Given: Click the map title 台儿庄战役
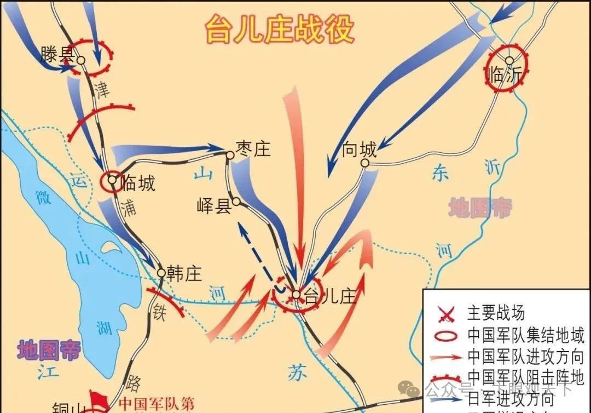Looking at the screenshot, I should (x=279, y=28).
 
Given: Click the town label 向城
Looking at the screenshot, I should (x=359, y=149).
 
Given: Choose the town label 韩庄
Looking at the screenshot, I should (x=184, y=273).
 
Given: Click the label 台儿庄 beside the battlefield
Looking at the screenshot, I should (x=329, y=296).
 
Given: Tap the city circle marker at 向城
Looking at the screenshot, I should (x=365, y=163).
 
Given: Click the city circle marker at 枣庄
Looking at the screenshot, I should (x=230, y=156).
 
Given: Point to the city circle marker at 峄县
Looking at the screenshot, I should (x=236, y=202).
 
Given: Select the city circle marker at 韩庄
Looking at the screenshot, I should (x=161, y=272).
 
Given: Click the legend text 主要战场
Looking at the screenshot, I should (x=496, y=313).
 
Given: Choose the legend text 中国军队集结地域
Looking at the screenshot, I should (x=526, y=335).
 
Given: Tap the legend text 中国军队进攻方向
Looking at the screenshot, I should (x=526, y=356).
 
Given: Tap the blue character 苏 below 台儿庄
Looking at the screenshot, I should (x=294, y=371).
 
